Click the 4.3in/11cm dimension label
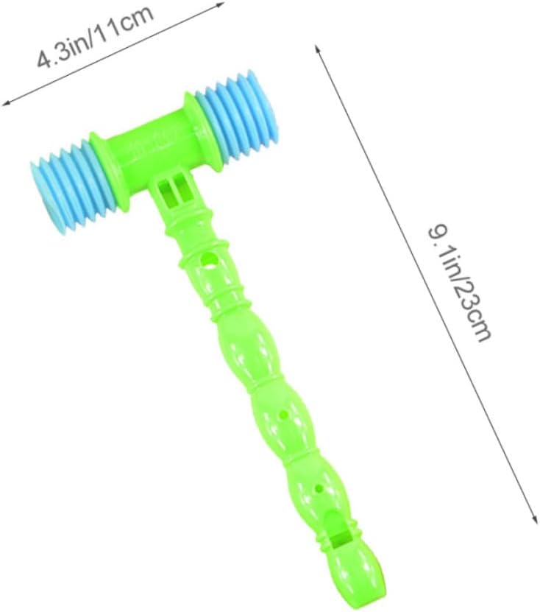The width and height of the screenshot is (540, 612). [x=95, y=37]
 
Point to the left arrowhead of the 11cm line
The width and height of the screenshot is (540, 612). [x=6, y=103]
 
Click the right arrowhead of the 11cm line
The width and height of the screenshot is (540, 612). [x=221, y=4]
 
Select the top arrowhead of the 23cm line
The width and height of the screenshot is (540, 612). [x=317, y=49]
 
